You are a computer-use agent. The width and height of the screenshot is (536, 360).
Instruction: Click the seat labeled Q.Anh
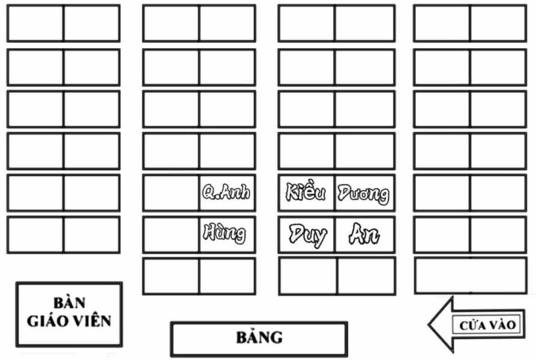[226, 193]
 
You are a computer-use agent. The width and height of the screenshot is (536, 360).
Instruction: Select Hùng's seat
[226, 233]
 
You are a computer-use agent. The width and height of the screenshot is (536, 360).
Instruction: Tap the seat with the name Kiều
[306, 193]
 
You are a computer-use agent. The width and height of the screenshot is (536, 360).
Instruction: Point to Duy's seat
[307, 234]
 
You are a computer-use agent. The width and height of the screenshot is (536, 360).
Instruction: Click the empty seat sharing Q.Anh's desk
[171, 193]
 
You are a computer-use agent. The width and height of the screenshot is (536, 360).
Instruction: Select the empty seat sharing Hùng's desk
[171, 234]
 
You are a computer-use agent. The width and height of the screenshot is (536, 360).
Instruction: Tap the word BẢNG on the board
[259, 337]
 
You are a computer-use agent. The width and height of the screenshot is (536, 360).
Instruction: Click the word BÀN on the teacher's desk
[69, 303]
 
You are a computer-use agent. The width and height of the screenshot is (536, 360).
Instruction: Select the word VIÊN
[91, 321]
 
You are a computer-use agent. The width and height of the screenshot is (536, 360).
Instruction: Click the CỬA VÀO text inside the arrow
[487, 325]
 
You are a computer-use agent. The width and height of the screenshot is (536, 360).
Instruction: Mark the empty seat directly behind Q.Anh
[226, 151]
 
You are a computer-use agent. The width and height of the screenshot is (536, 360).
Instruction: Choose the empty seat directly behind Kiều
[306, 151]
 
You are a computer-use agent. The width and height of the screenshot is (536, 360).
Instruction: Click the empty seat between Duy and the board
[308, 276]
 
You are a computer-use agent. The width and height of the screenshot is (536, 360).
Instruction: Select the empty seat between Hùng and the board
[226, 276]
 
